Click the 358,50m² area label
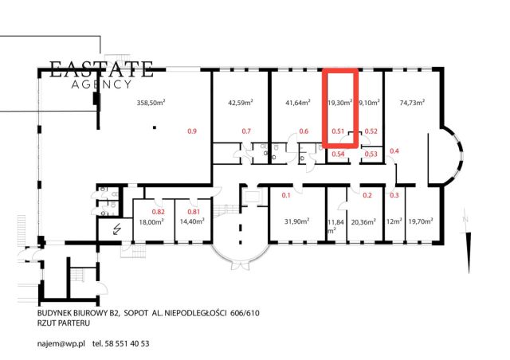(151, 103)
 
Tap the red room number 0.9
(192, 131)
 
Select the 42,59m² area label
(241, 103)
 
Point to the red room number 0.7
(246, 131)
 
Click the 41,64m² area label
(298, 103)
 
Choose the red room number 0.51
(338, 131)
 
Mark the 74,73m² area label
(412, 103)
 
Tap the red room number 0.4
(394, 151)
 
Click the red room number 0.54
(338, 154)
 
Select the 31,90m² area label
(296, 221)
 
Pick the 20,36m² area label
(363, 221)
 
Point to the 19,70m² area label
(421, 221)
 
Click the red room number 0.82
(159, 212)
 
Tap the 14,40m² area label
(192, 221)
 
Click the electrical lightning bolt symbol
(116, 229)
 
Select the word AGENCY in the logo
(101, 84)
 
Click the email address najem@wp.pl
(61, 344)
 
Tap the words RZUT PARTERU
(64, 323)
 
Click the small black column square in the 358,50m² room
(155, 127)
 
